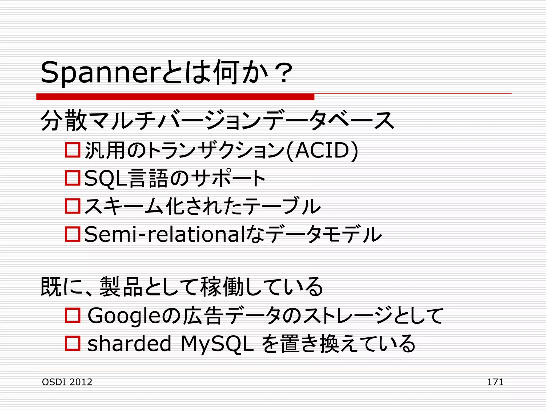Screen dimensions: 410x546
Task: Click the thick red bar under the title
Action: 175,97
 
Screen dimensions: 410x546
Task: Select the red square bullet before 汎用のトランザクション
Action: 73,150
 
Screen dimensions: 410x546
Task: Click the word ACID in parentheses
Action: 322,151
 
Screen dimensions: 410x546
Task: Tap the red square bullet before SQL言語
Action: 73,178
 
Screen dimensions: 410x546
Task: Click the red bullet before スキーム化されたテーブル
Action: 73,206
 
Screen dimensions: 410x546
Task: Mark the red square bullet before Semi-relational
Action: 73,234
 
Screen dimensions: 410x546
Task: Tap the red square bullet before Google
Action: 73,316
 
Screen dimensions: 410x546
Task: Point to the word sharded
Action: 129,344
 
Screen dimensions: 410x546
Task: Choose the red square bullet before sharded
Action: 73,344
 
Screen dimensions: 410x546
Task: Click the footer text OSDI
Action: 54,382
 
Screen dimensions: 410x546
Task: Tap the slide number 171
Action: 495,382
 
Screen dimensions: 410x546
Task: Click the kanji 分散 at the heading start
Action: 64,121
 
